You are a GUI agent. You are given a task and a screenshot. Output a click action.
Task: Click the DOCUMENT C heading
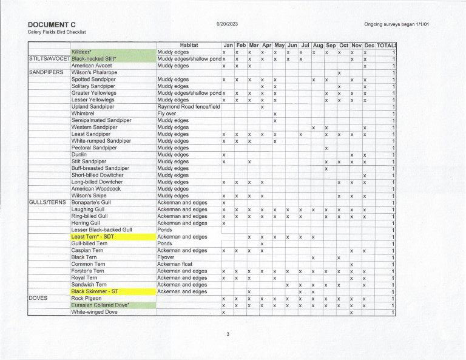[52, 24]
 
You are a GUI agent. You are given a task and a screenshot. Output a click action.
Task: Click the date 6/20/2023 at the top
[226, 24]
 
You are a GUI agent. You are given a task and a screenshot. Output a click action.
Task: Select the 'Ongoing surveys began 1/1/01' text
[400, 24]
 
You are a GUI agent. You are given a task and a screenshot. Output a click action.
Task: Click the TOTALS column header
[387, 45]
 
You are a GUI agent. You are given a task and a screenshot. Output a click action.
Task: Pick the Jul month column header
[305, 45]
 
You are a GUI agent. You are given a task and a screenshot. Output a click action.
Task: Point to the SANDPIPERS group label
[46, 72]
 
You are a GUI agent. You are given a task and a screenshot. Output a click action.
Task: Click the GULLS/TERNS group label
[48, 202]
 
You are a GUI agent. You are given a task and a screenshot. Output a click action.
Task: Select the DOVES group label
[38, 298]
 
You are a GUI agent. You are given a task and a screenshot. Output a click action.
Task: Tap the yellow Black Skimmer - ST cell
[98, 291]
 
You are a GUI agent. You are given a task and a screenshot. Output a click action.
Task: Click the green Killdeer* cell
[81, 52]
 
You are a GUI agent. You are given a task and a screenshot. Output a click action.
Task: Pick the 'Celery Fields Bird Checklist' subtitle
[57, 32]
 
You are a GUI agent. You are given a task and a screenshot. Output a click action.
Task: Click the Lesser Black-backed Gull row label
[101, 229]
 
